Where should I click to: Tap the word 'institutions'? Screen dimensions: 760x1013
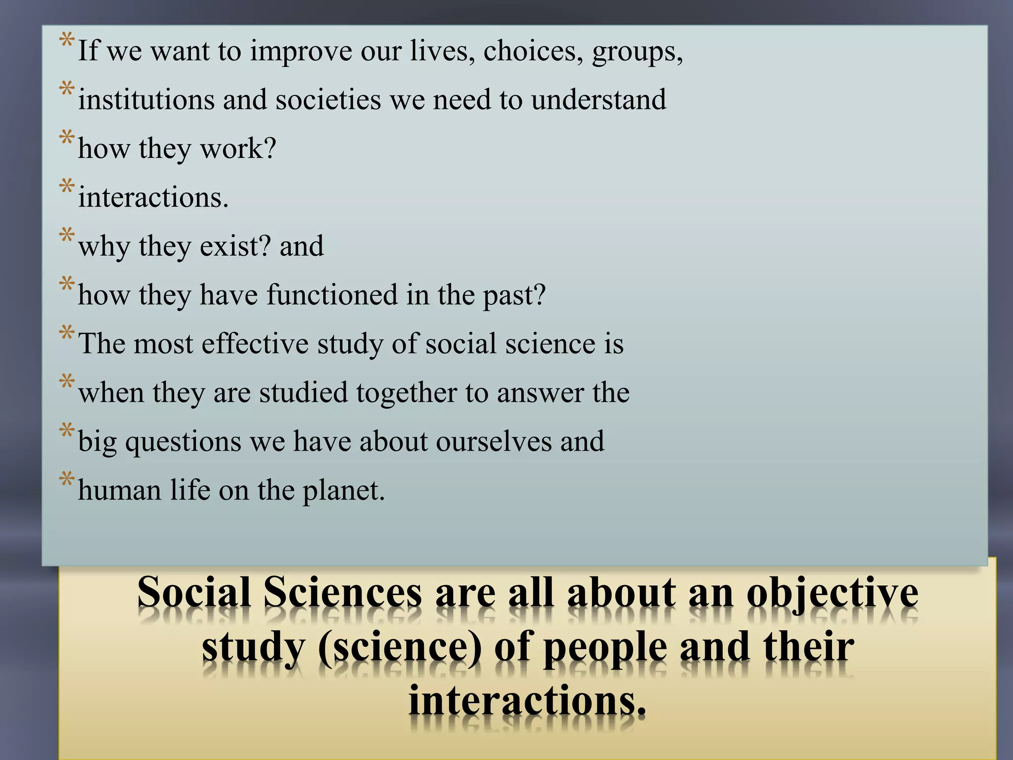(146, 99)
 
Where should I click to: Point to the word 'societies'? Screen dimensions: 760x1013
(328, 99)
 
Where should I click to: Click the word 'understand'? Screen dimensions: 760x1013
(599, 99)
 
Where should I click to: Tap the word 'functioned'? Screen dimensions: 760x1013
(332, 295)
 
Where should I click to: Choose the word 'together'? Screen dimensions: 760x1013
(406, 392)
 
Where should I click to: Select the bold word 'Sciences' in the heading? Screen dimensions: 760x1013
(343, 593)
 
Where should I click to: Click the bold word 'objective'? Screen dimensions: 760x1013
(832, 593)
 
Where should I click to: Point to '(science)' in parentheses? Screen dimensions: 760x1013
(400, 648)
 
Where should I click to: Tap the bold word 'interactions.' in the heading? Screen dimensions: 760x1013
(527, 702)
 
